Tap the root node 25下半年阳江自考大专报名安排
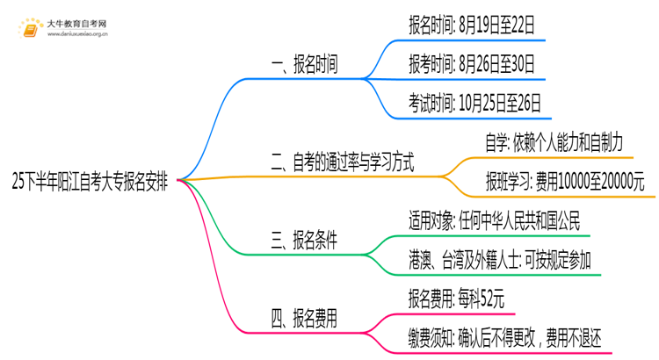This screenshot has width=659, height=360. [92, 182]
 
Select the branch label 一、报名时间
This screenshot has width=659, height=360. [307, 65]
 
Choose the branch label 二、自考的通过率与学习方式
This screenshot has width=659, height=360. [343, 161]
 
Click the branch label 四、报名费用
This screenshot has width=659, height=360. [307, 318]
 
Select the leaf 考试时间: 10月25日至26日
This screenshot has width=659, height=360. [475, 102]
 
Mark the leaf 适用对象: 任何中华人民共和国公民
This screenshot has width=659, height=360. [494, 220]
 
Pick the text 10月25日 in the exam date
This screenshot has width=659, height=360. [486, 102]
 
